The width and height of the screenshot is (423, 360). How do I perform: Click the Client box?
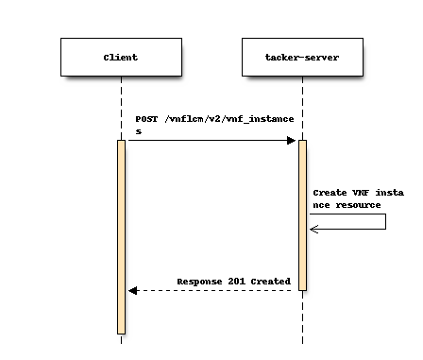pos(121,58)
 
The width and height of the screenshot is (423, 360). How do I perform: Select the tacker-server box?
pos(302,58)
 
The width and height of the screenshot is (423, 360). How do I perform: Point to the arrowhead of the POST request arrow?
pos(292,141)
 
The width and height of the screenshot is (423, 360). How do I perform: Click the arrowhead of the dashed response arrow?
pos(133,290)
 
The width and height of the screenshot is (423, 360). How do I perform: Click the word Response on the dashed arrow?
pos(199,281)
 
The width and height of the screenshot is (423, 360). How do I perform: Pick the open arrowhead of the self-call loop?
pos(313,229)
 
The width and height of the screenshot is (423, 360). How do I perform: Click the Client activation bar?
pos(121,236)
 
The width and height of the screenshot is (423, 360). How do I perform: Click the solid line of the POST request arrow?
pos(208,141)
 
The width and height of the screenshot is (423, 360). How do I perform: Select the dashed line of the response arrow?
pos(217,290)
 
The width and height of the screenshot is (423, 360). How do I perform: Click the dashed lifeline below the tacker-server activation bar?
pos(302,317)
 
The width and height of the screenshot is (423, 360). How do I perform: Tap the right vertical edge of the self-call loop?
pos(386,221)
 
